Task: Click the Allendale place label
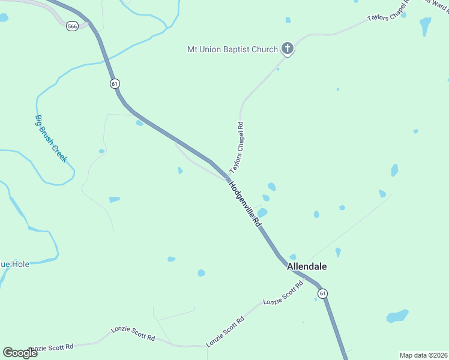coord(307,266)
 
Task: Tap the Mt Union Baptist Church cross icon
coord(288,49)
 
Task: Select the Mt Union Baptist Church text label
coord(232,49)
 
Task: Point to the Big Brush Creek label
coord(50,139)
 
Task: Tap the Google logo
coord(20,352)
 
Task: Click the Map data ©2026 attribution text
coord(423,355)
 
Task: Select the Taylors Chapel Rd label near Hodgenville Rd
coord(237,148)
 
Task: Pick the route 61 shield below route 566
coord(114,83)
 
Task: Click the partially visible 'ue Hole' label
coord(14,263)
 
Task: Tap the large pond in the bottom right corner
coord(397,316)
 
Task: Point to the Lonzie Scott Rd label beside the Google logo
coord(52,347)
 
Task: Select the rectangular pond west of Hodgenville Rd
coord(114,199)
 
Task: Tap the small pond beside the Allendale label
coord(293,257)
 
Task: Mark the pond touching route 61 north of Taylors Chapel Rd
coord(140,123)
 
